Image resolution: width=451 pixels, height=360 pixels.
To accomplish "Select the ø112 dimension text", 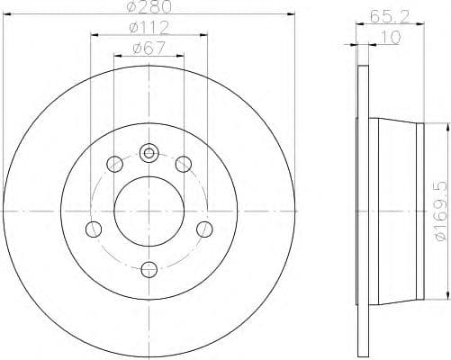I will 149,30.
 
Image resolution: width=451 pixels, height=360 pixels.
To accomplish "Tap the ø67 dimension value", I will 149,49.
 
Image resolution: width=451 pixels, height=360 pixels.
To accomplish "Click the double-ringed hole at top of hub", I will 149,152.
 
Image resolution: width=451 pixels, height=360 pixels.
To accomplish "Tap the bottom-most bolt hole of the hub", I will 149,267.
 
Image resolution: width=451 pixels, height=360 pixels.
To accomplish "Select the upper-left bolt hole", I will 114,164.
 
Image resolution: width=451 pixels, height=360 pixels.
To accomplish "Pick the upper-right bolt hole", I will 183,164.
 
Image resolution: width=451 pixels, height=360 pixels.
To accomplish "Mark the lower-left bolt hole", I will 93,229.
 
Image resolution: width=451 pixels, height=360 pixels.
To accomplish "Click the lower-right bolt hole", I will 204,229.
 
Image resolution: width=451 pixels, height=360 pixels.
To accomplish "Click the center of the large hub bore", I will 149,210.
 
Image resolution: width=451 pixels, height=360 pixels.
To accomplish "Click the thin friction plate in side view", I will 363,210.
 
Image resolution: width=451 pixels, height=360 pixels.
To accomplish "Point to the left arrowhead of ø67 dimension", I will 117,56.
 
